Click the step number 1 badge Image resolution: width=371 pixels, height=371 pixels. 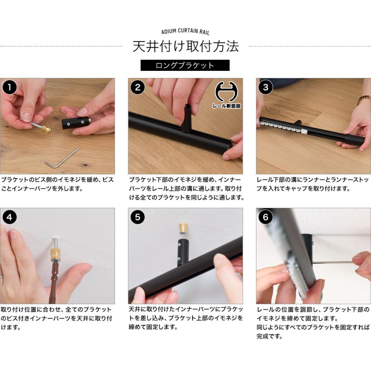[x=9, y=87]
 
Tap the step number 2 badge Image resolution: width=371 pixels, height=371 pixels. [x=137, y=87]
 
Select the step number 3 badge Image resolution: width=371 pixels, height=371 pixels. [x=266, y=87]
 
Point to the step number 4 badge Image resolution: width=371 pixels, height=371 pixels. [x=9, y=217]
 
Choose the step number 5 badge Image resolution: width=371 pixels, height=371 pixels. [x=137, y=217]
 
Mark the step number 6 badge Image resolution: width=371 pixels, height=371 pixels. [x=266, y=217]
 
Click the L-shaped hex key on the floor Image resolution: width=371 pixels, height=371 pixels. [x=62, y=158]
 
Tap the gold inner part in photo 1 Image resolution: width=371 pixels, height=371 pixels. [x=46, y=129]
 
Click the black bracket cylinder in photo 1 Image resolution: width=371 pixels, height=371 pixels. [x=76, y=123]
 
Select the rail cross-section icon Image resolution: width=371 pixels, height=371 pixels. [x=226, y=92]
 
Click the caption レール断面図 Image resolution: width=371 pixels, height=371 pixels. [x=226, y=106]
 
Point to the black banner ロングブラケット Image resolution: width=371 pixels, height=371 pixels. [x=185, y=65]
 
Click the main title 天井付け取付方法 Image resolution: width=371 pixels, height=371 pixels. [x=185, y=46]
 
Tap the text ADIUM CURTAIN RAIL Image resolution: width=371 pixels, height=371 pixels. [x=185, y=31]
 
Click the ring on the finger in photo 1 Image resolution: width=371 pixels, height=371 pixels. [x=103, y=115]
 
